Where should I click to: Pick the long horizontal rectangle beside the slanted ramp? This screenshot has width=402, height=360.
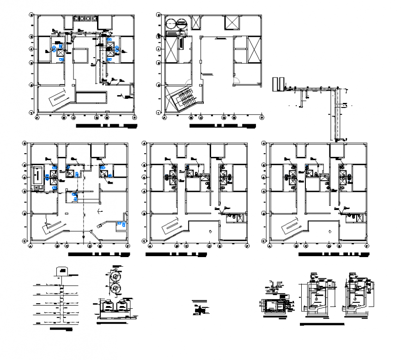point(91,97)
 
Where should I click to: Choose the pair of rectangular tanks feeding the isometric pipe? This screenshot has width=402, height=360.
point(277,84)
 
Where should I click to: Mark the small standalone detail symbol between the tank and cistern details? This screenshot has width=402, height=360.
point(199,310)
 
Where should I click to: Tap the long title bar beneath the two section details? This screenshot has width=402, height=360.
point(322,325)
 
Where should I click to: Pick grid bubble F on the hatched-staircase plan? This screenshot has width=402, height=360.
point(262,118)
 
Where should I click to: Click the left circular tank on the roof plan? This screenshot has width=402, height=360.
point(171,24)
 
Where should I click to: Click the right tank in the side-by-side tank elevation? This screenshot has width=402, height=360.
point(122,306)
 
